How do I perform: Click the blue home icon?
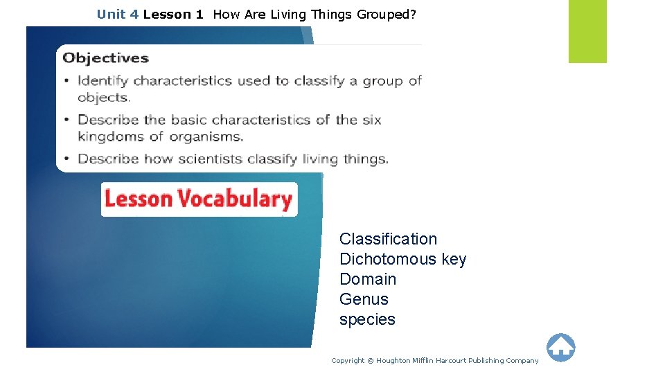coord(560,347)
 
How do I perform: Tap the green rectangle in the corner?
coord(587,31)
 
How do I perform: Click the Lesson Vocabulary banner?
coord(199,199)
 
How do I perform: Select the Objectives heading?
coord(106,58)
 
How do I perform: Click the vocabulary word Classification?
coord(388,239)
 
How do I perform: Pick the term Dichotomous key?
coord(402,259)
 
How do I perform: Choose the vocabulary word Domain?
coord(368,279)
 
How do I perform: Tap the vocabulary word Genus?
coord(364,299)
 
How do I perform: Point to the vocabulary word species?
coord(367,319)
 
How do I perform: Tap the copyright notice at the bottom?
coord(434,360)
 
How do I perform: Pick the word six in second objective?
coord(372,120)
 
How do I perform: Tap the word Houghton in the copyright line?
coord(393,360)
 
